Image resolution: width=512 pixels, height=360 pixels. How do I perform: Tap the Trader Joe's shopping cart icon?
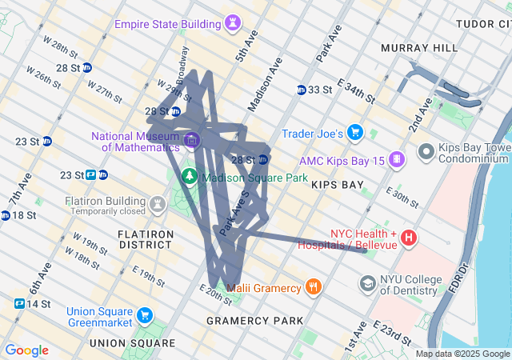point(355,132)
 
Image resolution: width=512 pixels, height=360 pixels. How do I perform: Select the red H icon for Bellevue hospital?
point(409,238)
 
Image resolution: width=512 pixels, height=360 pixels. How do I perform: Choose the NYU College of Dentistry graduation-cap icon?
point(367,282)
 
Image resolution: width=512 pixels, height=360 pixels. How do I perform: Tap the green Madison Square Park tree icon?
point(190,175)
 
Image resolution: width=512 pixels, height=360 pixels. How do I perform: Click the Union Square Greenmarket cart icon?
point(144,316)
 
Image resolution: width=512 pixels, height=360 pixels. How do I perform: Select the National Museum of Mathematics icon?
point(190,142)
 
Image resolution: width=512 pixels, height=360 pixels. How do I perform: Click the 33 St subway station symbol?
point(302,90)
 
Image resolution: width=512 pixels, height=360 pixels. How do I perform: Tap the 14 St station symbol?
point(19,304)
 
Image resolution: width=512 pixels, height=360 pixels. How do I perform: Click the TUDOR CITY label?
point(482,24)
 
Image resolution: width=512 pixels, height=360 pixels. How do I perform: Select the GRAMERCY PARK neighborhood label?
point(254,321)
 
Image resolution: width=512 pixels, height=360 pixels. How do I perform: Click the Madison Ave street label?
point(265,84)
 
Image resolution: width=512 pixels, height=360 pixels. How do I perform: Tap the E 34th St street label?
point(356,90)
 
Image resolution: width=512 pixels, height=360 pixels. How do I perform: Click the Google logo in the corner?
point(26,350)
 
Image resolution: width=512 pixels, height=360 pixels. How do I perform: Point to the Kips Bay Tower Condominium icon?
point(426,150)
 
